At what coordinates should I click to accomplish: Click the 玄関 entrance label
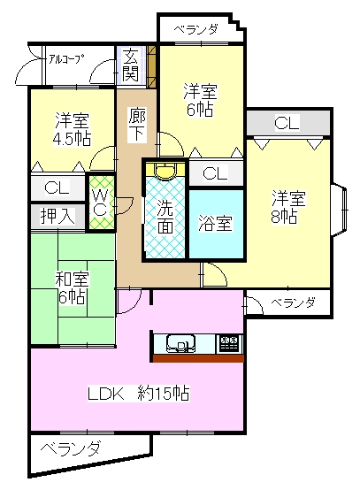pyautogui.click(x=130, y=65)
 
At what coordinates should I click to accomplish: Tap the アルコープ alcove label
pyautogui.click(x=66, y=58)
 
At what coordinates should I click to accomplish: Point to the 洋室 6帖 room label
pyautogui.click(x=200, y=100)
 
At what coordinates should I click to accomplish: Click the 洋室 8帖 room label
pyautogui.click(x=288, y=207)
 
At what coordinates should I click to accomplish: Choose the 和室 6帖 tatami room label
pyautogui.click(x=72, y=288)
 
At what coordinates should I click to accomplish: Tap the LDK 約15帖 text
pyautogui.click(x=138, y=394)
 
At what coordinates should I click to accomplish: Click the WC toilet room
pyautogui.click(x=101, y=203)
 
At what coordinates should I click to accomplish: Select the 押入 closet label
pyautogui.click(x=57, y=216)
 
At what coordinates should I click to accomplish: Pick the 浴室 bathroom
pyautogui.click(x=216, y=224)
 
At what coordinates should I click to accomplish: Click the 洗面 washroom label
pyautogui.click(x=165, y=216)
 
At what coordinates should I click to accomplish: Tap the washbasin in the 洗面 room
pyautogui.click(x=166, y=172)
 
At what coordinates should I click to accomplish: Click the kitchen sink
pyautogui.click(x=181, y=343)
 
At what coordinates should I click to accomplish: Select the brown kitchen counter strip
pyautogui.click(x=198, y=358)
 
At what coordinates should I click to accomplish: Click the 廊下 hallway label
pyautogui.click(x=137, y=125)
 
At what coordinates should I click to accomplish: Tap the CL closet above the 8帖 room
pyautogui.click(x=287, y=122)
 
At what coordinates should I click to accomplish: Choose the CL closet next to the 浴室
pyautogui.click(x=216, y=173)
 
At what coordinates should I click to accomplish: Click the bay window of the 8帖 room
pyautogui.click(x=340, y=210)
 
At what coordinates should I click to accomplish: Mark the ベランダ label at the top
pyautogui.click(x=195, y=30)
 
